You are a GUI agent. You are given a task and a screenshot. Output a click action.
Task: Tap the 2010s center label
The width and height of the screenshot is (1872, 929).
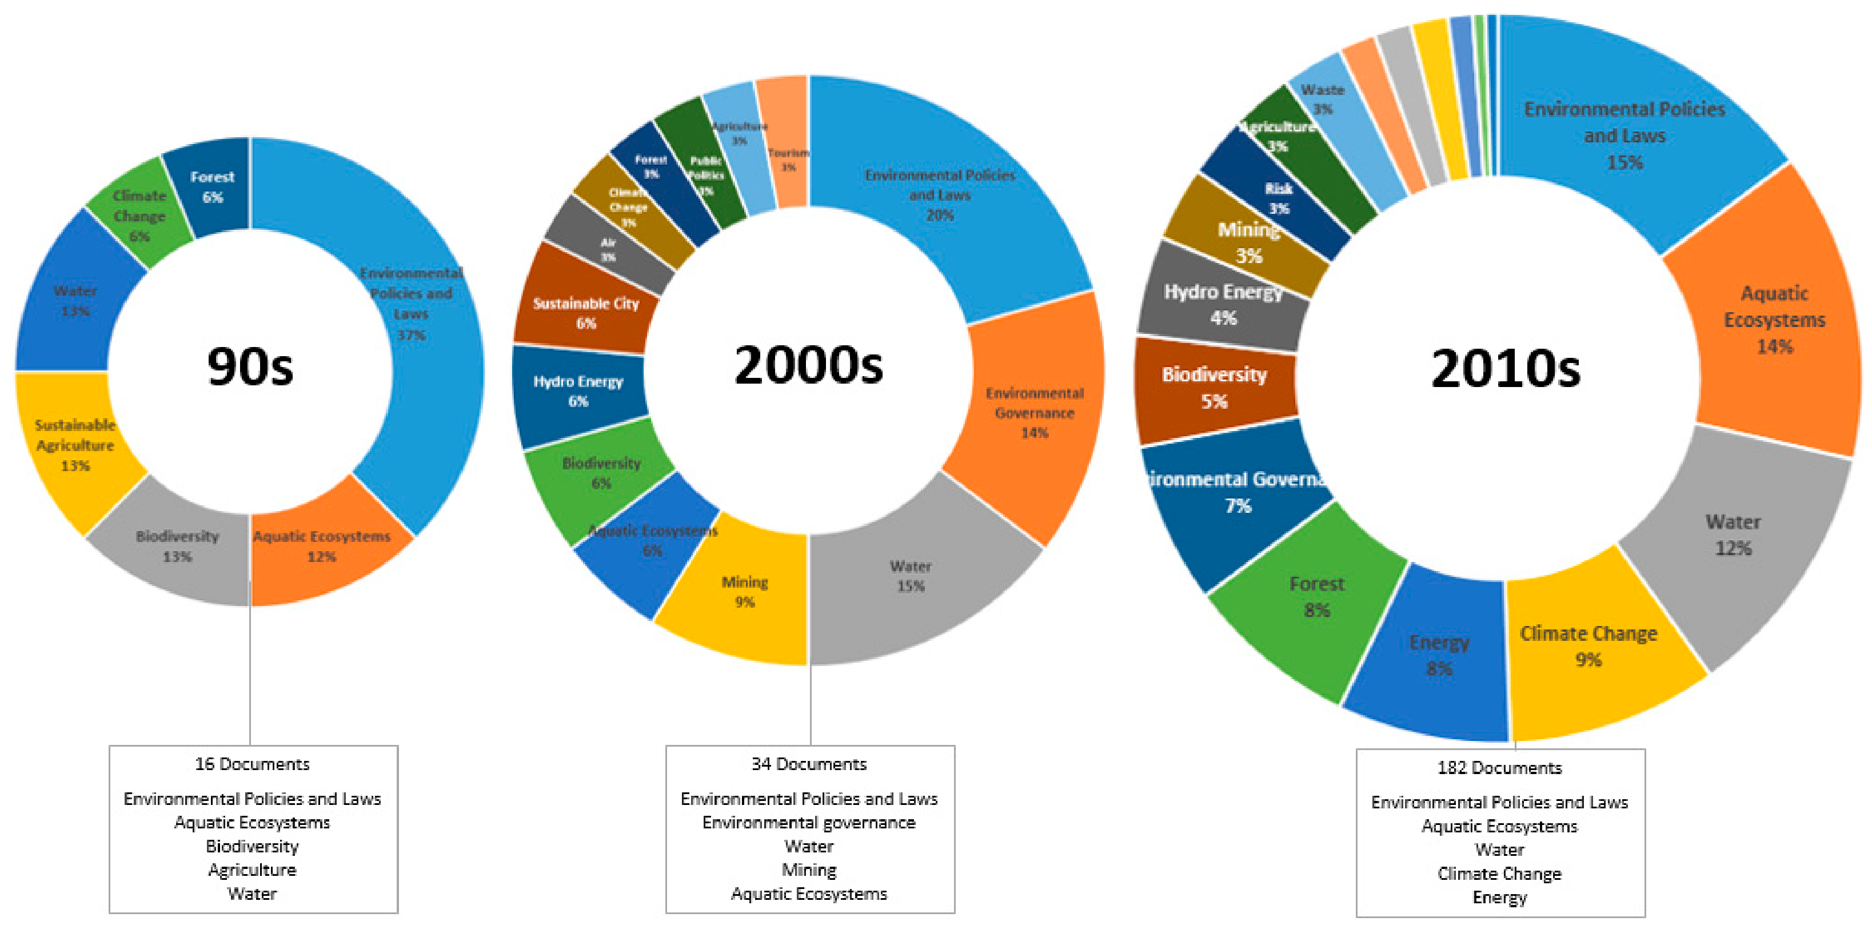[x=1505, y=369]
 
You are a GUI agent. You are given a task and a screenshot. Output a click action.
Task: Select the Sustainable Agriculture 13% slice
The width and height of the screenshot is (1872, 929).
[x=75, y=445]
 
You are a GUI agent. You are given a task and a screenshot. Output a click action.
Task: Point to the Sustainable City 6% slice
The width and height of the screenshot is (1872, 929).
[x=586, y=313]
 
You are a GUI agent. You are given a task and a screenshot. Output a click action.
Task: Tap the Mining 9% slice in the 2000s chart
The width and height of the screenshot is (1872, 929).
[x=744, y=592]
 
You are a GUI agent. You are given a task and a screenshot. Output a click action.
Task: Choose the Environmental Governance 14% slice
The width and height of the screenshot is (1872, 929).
[x=1034, y=413]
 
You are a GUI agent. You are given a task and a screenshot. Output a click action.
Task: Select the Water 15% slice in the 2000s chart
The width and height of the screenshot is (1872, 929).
[x=910, y=576]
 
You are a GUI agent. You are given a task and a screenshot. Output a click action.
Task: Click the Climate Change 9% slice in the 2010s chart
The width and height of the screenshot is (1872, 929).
[x=1588, y=646]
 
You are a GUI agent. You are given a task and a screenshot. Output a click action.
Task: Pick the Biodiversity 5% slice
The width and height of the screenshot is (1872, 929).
[x=1214, y=388]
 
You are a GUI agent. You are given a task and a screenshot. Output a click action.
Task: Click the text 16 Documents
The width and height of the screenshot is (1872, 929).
[x=252, y=764]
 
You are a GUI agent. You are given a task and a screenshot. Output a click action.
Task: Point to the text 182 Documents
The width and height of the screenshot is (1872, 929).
[x=1499, y=768]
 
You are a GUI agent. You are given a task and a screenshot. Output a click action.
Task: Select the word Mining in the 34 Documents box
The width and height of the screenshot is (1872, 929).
[x=809, y=870]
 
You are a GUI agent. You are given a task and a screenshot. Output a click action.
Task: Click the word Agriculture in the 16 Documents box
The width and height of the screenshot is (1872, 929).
[x=252, y=870]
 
